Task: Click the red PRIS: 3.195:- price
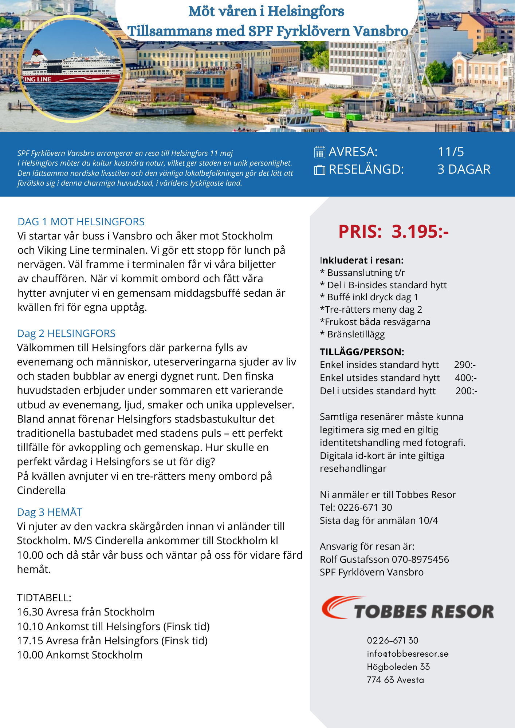[393, 232]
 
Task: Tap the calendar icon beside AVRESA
[319, 152]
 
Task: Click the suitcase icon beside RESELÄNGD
[319, 170]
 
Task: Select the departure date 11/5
[451, 152]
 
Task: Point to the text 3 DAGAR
[464, 169]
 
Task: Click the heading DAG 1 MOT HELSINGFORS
[81, 222]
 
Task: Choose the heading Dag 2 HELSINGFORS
[66, 333]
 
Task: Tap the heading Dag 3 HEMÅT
[50, 512]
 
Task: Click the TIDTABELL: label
[44, 598]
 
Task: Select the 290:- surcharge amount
[465, 365]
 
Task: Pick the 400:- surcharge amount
[465, 378]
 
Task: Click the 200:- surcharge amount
[466, 391]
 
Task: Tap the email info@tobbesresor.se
[408, 654]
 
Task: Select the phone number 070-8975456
[420, 559]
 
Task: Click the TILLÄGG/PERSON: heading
[362, 352]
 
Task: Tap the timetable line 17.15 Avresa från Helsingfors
[112, 641]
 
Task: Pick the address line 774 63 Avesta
[395, 680]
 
